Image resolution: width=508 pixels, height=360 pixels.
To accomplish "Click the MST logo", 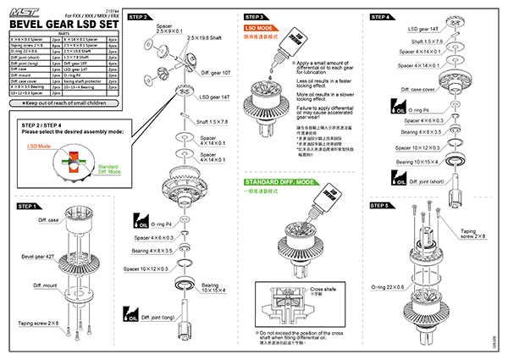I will point(25,9).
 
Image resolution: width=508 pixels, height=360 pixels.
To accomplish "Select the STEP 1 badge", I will point(27,206).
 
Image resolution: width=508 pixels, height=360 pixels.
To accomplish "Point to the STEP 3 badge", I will point(257,16).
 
